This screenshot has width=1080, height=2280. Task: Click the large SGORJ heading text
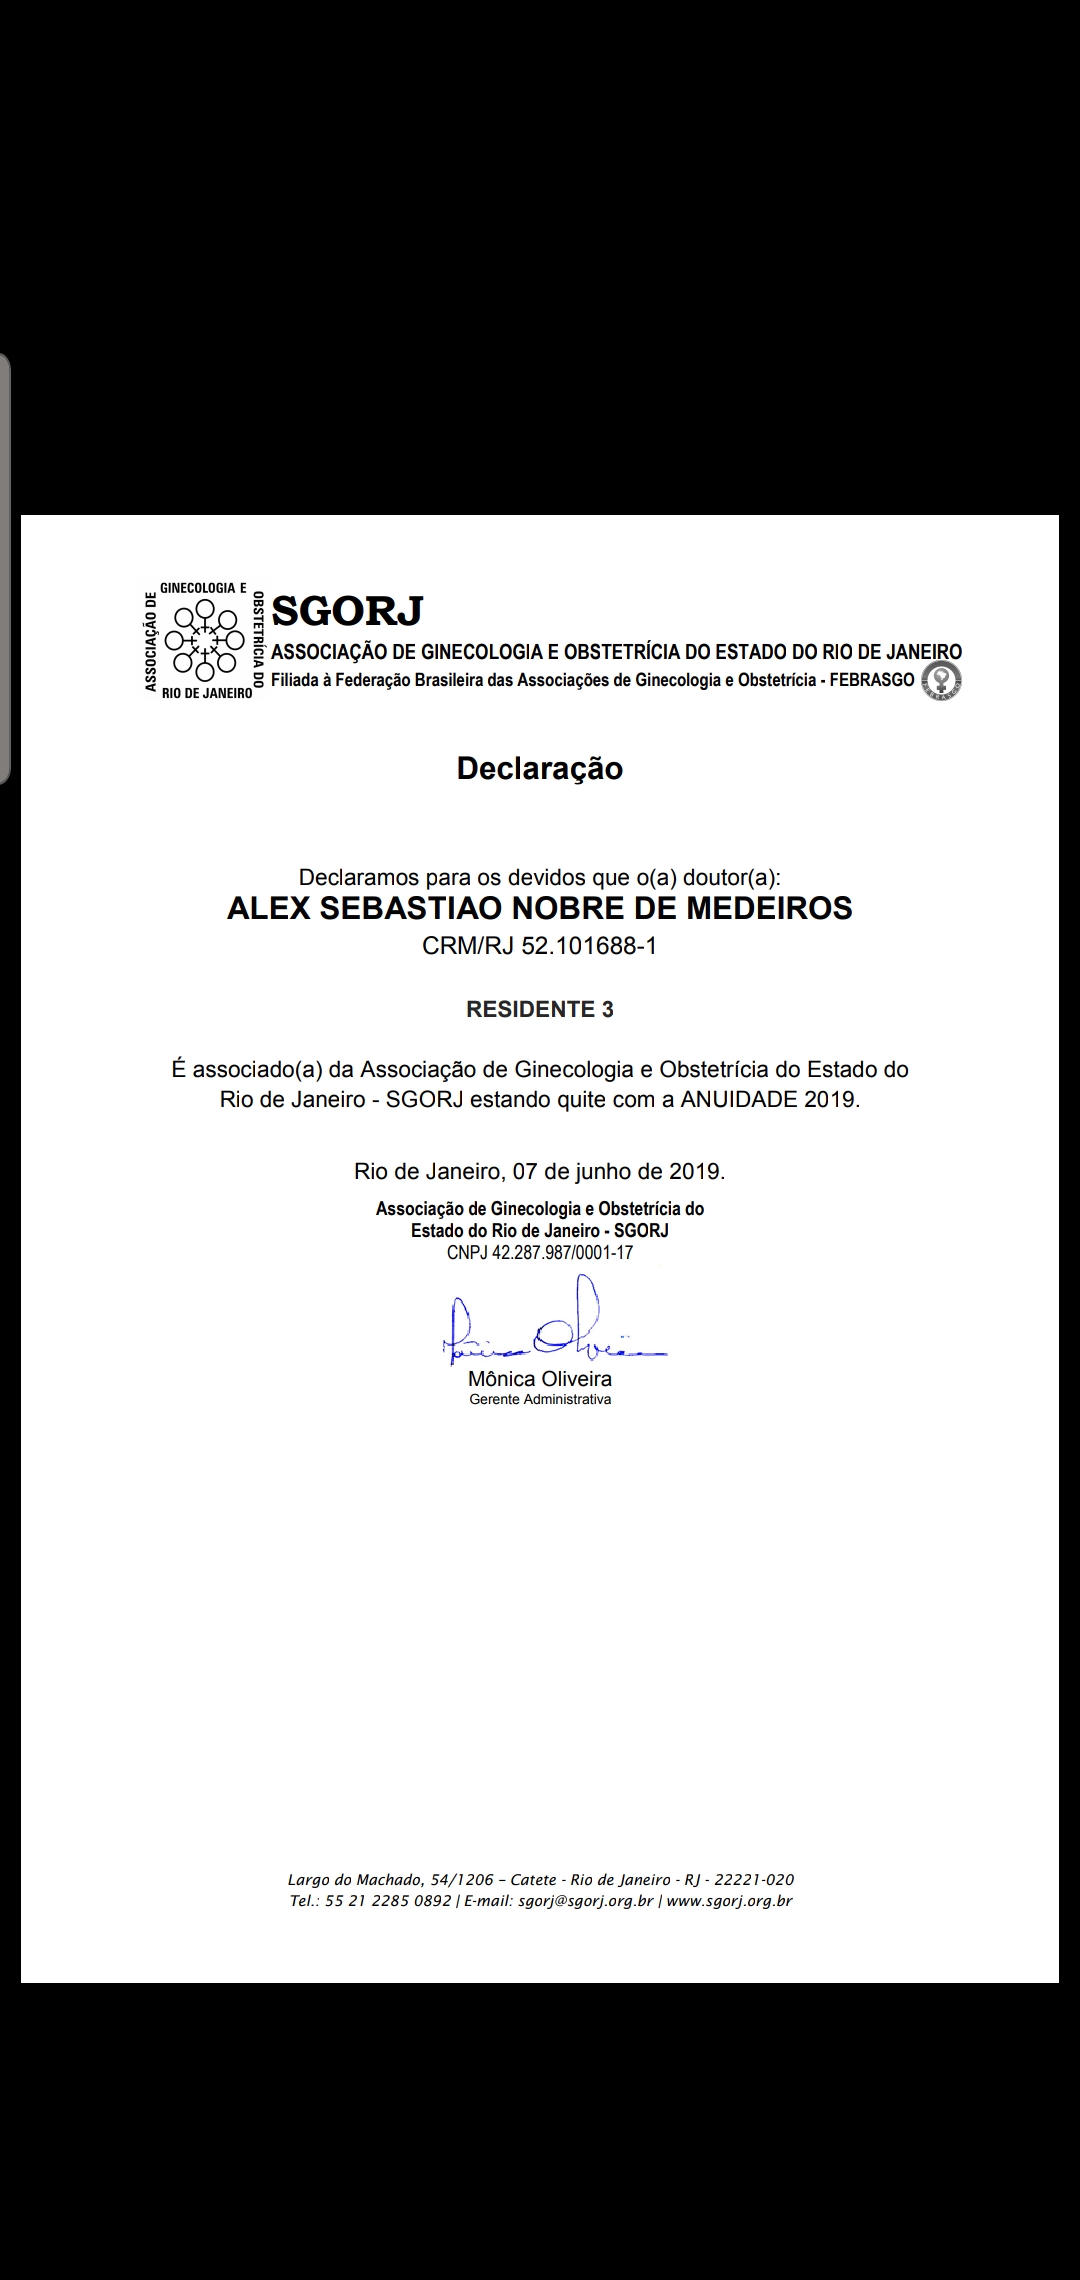347,609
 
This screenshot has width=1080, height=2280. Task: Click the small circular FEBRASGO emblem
941,680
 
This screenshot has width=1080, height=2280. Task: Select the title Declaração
540,768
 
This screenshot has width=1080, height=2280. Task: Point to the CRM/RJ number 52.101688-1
589,946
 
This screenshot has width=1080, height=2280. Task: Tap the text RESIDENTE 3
540,1009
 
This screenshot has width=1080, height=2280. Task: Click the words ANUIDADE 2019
768,1099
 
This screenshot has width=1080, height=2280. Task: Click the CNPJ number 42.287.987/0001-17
562,1253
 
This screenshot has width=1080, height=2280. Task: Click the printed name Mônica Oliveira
540,1378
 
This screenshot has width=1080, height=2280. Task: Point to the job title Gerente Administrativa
540,1399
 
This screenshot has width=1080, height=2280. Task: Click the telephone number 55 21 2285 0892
388,1901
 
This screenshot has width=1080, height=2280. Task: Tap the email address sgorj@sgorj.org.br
585,1901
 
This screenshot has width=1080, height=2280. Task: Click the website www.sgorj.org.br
729,1901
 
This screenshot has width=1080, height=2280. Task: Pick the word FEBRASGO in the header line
872,680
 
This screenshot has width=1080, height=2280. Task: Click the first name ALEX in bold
264,908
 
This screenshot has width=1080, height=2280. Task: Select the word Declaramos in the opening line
359,877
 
